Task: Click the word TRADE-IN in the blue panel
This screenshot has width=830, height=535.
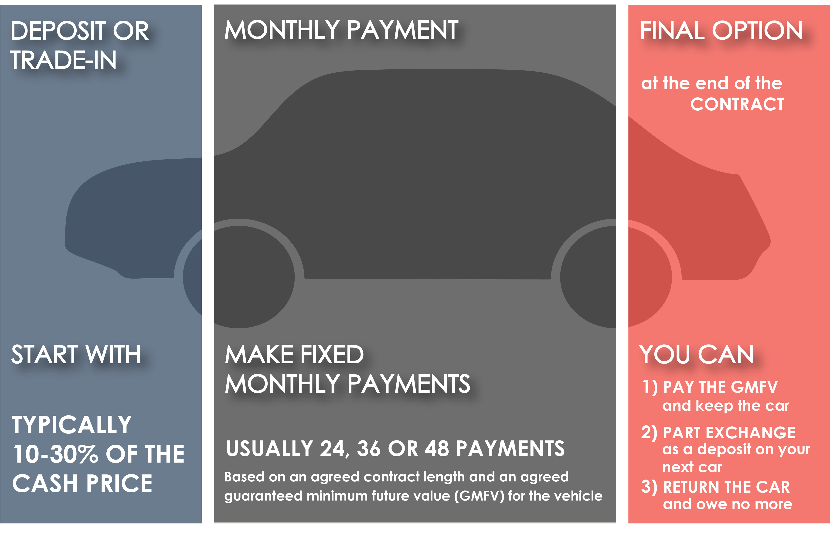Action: pyautogui.click(x=63, y=60)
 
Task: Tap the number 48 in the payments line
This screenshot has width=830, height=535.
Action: pyautogui.click(x=436, y=449)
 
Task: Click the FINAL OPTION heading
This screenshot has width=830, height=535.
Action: pyautogui.click(x=721, y=31)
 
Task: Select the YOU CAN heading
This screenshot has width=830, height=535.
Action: pyautogui.click(x=696, y=355)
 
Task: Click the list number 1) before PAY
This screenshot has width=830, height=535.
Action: pyautogui.click(x=650, y=387)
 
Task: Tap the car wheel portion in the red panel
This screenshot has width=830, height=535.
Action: pyautogui.click(x=650, y=277)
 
